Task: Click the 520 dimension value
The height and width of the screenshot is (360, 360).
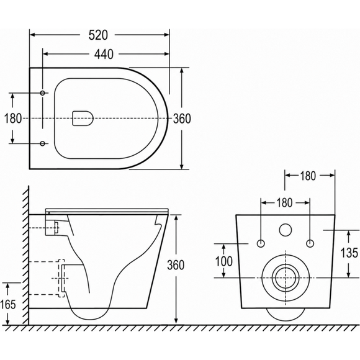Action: [x=98, y=35]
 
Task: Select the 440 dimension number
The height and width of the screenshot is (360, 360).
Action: [x=104, y=55]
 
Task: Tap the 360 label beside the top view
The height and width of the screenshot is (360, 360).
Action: [x=182, y=119]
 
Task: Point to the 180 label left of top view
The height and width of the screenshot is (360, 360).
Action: [x=13, y=119]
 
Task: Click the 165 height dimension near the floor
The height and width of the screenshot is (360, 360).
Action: [x=8, y=304]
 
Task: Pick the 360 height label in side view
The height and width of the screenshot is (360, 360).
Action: [x=176, y=265]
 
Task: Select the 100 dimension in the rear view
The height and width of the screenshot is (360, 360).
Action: [x=223, y=261]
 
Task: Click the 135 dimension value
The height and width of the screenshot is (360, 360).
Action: [x=349, y=253]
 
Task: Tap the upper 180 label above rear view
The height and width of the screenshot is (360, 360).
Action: [x=308, y=176]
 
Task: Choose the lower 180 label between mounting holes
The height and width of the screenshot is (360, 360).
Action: [x=284, y=203]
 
